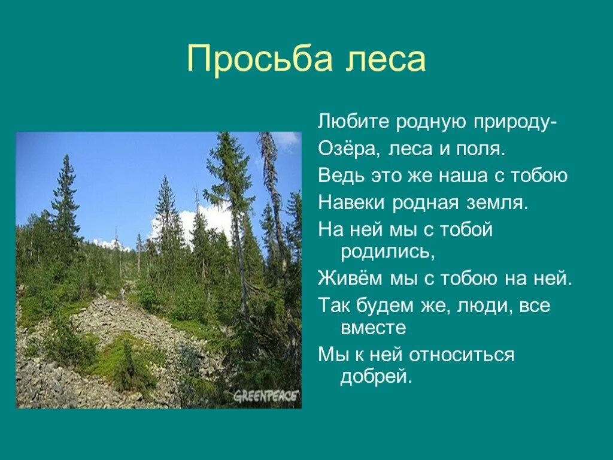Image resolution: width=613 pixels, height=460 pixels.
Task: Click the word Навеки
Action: pos(352,202)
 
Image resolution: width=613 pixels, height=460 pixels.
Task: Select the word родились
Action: pos(387,252)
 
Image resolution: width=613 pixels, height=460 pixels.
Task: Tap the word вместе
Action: pos(374,328)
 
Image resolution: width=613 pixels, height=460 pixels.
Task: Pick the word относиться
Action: pos(462,355)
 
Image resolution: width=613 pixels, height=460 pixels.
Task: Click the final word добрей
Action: pos(377,377)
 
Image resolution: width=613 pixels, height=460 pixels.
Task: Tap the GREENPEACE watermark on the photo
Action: pos(266,397)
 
